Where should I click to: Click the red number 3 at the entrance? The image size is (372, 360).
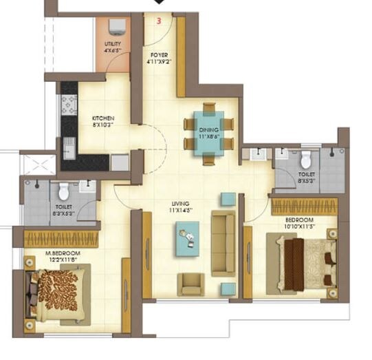[x=159, y=21]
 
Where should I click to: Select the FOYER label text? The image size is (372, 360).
[x=159, y=57]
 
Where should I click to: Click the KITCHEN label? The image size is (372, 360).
[x=103, y=122]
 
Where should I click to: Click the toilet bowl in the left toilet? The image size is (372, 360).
[x=63, y=191]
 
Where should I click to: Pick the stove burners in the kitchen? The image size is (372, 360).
[x=69, y=105]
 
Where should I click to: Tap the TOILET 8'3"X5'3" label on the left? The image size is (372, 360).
[x=63, y=210]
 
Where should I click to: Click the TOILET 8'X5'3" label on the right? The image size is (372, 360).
[x=307, y=178]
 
